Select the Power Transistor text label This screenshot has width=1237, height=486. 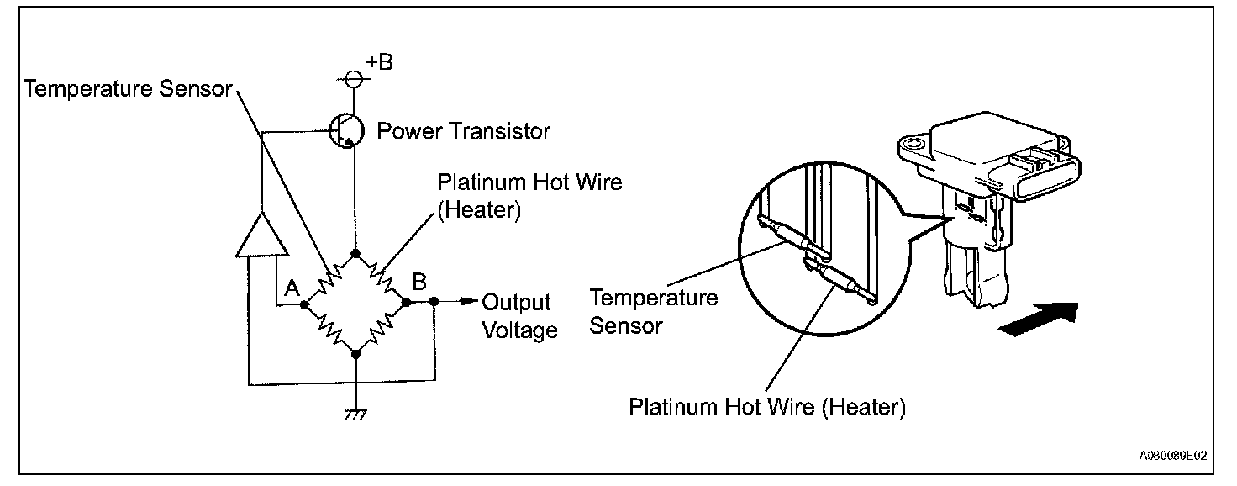point(463,131)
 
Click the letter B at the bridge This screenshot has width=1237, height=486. point(418,281)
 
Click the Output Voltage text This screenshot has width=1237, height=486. point(519,315)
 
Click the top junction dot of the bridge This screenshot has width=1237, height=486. point(356,253)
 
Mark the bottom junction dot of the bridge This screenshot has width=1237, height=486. point(356,354)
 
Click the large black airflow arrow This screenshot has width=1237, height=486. point(1038,320)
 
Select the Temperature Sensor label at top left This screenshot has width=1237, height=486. point(128,89)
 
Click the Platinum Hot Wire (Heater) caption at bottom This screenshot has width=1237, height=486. point(767,407)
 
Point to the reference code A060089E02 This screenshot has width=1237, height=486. point(1173,456)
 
